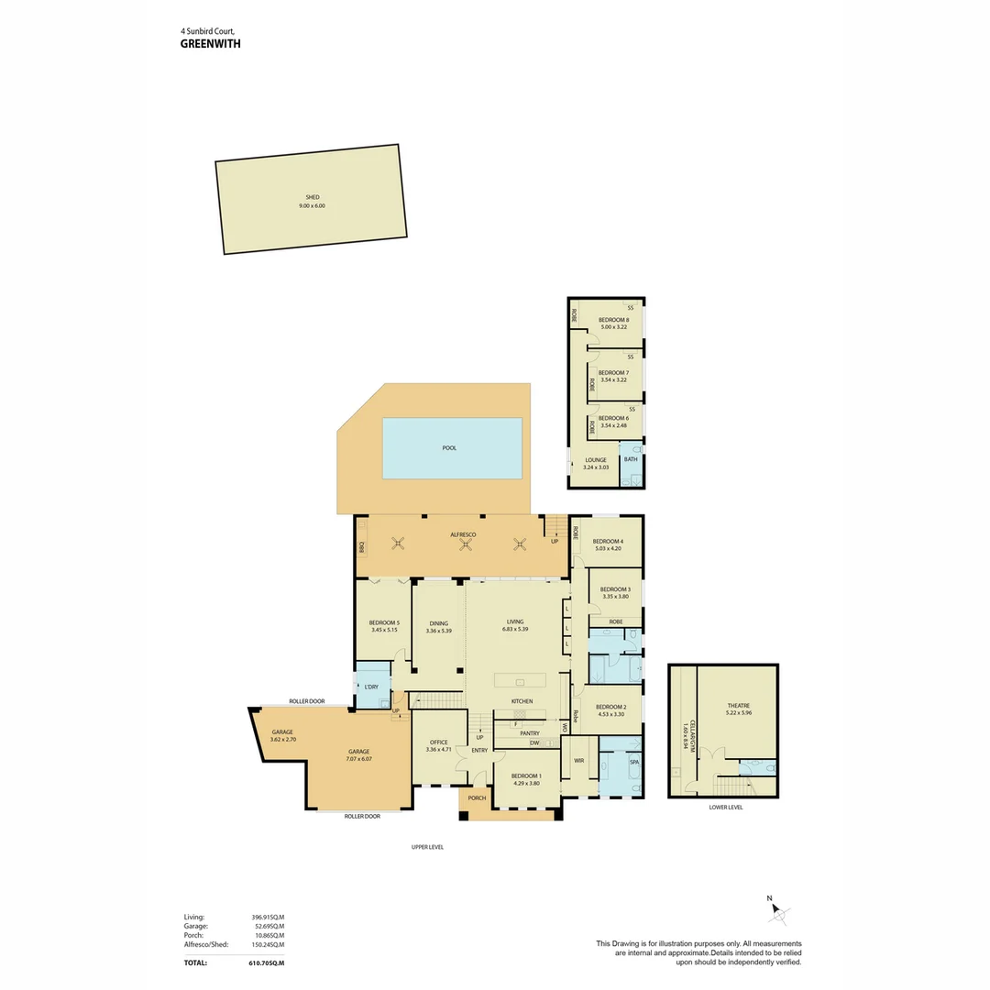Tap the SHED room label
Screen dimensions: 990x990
(312, 197)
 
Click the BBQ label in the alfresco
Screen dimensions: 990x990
(362, 547)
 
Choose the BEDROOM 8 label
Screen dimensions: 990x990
(613, 320)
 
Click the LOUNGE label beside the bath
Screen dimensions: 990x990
(595, 460)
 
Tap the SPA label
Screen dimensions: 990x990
(633, 762)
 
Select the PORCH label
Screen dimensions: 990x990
(477, 798)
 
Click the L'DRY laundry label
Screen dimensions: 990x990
(371, 687)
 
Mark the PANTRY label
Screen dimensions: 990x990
(529, 733)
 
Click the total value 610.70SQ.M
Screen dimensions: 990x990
(267, 963)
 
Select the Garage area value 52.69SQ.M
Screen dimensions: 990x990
(269, 926)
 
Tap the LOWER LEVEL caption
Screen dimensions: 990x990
(726, 808)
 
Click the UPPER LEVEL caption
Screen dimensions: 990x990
(427, 847)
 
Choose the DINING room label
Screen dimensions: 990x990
(437, 623)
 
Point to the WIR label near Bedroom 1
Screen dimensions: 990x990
(578, 761)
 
